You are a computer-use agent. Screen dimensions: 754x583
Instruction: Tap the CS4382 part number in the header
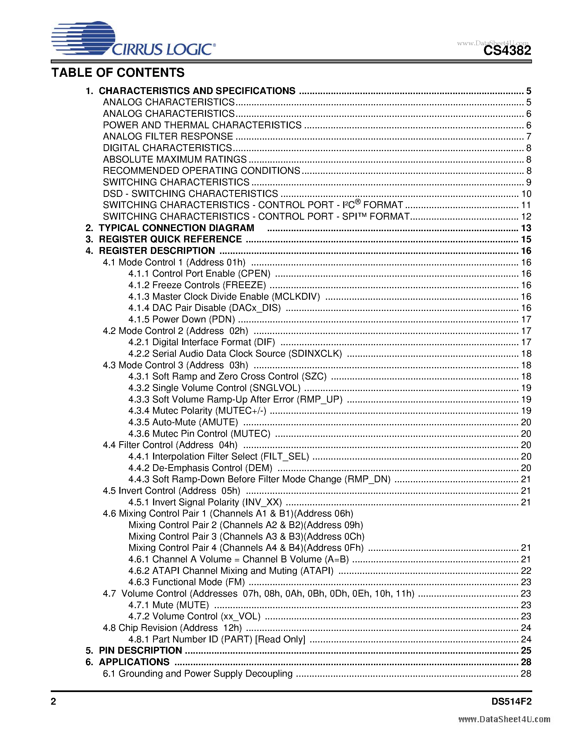click(x=507, y=51)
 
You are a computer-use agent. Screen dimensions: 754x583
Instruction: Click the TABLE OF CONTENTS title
click(x=118, y=73)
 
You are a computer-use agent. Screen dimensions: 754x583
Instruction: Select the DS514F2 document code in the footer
click(x=511, y=702)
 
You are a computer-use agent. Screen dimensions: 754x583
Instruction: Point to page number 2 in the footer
click(x=53, y=702)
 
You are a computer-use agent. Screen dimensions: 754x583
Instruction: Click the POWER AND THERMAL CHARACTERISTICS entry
click(x=202, y=125)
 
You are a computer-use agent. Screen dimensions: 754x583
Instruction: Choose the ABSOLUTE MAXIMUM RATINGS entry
click(x=175, y=159)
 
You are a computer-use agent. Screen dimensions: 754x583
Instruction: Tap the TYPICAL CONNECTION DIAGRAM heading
click(x=176, y=228)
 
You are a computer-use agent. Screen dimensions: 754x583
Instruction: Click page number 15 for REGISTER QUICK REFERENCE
click(x=526, y=239)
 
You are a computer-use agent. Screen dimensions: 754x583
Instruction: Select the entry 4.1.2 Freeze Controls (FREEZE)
click(x=197, y=285)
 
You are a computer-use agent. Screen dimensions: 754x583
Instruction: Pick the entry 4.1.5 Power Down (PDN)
click(x=182, y=319)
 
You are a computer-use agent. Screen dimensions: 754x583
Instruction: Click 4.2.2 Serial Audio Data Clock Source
click(x=235, y=353)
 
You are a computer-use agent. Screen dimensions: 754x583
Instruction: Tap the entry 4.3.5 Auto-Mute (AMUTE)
click(x=183, y=422)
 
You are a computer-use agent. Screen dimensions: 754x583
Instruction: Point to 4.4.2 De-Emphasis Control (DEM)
click(x=200, y=468)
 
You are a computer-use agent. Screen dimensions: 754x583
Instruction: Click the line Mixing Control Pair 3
click(x=246, y=537)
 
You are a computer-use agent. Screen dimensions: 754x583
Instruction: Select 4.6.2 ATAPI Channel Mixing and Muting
click(x=231, y=571)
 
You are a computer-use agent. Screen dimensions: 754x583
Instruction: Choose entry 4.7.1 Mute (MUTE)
click(x=168, y=605)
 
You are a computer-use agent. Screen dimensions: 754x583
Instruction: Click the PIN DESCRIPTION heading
click(x=140, y=650)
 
